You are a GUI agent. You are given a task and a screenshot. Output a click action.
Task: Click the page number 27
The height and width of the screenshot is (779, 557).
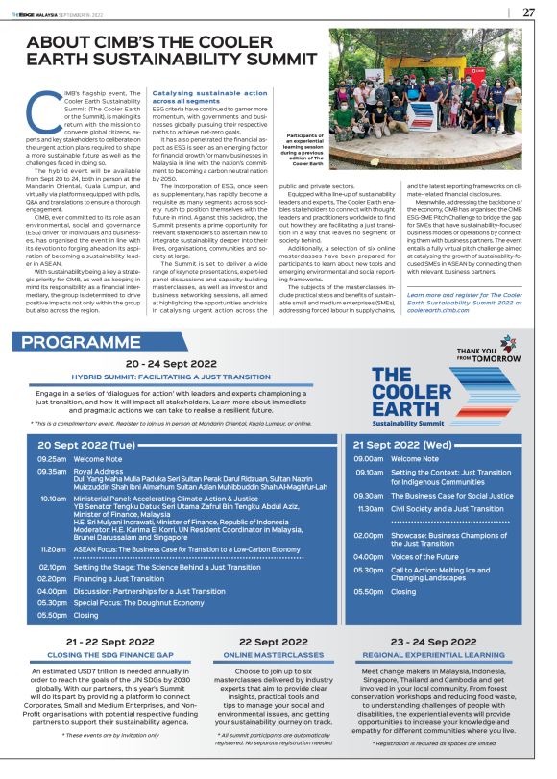pyautogui.click(x=528, y=12)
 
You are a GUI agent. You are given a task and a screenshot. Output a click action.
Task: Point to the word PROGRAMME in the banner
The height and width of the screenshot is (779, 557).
pyautogui.click(x=76, y=343)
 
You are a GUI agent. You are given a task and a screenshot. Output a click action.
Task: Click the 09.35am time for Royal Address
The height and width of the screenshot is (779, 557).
pyautogui.click(x=53, y=472)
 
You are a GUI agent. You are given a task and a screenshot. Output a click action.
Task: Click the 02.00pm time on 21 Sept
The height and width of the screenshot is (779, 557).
pyautogui.click(x=369, y=534)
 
